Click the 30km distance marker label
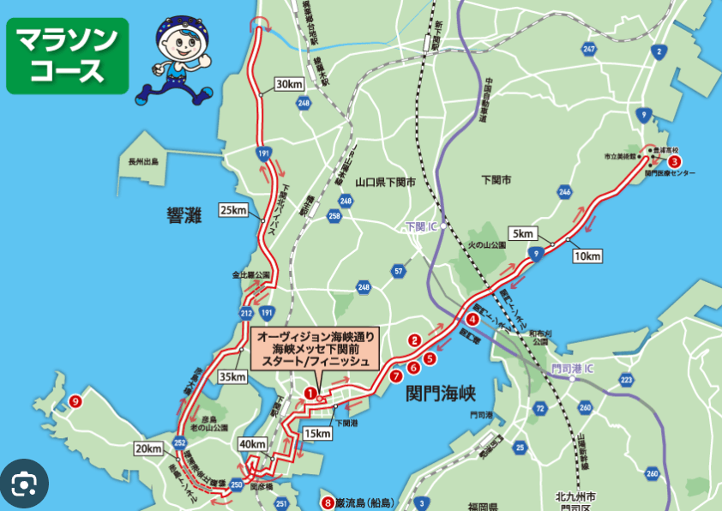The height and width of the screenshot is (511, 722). [289, 84]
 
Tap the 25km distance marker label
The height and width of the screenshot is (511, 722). [233, 210]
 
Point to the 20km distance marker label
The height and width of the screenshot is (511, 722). [148, 448]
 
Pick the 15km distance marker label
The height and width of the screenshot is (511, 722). [317, 434]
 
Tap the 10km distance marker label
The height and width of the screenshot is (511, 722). [587, 256]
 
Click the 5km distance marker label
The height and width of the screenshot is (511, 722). [523, 233]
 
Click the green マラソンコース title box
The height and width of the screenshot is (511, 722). [68, 56]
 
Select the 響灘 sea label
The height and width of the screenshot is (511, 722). [184, 215]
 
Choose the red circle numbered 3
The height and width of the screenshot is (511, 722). [675, 161]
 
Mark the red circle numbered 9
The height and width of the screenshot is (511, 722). [76, 400]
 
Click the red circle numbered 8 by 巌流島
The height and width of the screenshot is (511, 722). [326, 502]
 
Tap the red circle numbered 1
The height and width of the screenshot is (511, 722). [310, 394]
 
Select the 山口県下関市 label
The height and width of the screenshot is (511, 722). [385, 183]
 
